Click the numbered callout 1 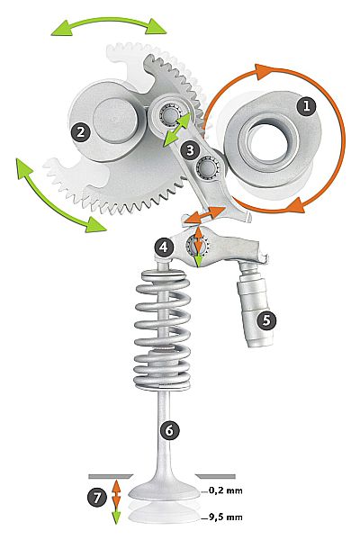(306, 106)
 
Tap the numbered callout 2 (81, 132)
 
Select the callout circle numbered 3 (190, 150)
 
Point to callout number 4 (164, 247)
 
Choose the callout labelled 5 (266, 320)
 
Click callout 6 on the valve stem (169, 430)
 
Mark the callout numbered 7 (97, 498)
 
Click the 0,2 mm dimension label (226, 490)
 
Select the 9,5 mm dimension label (226, 517)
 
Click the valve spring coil (162, 330)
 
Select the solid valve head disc (165, 491)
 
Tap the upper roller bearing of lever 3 (169, 113)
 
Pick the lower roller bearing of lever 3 (207, 166)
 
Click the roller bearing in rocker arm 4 (197, 246)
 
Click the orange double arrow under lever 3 (204, 214)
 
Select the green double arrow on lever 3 (177, 129)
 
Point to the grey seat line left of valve (110, 477)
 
